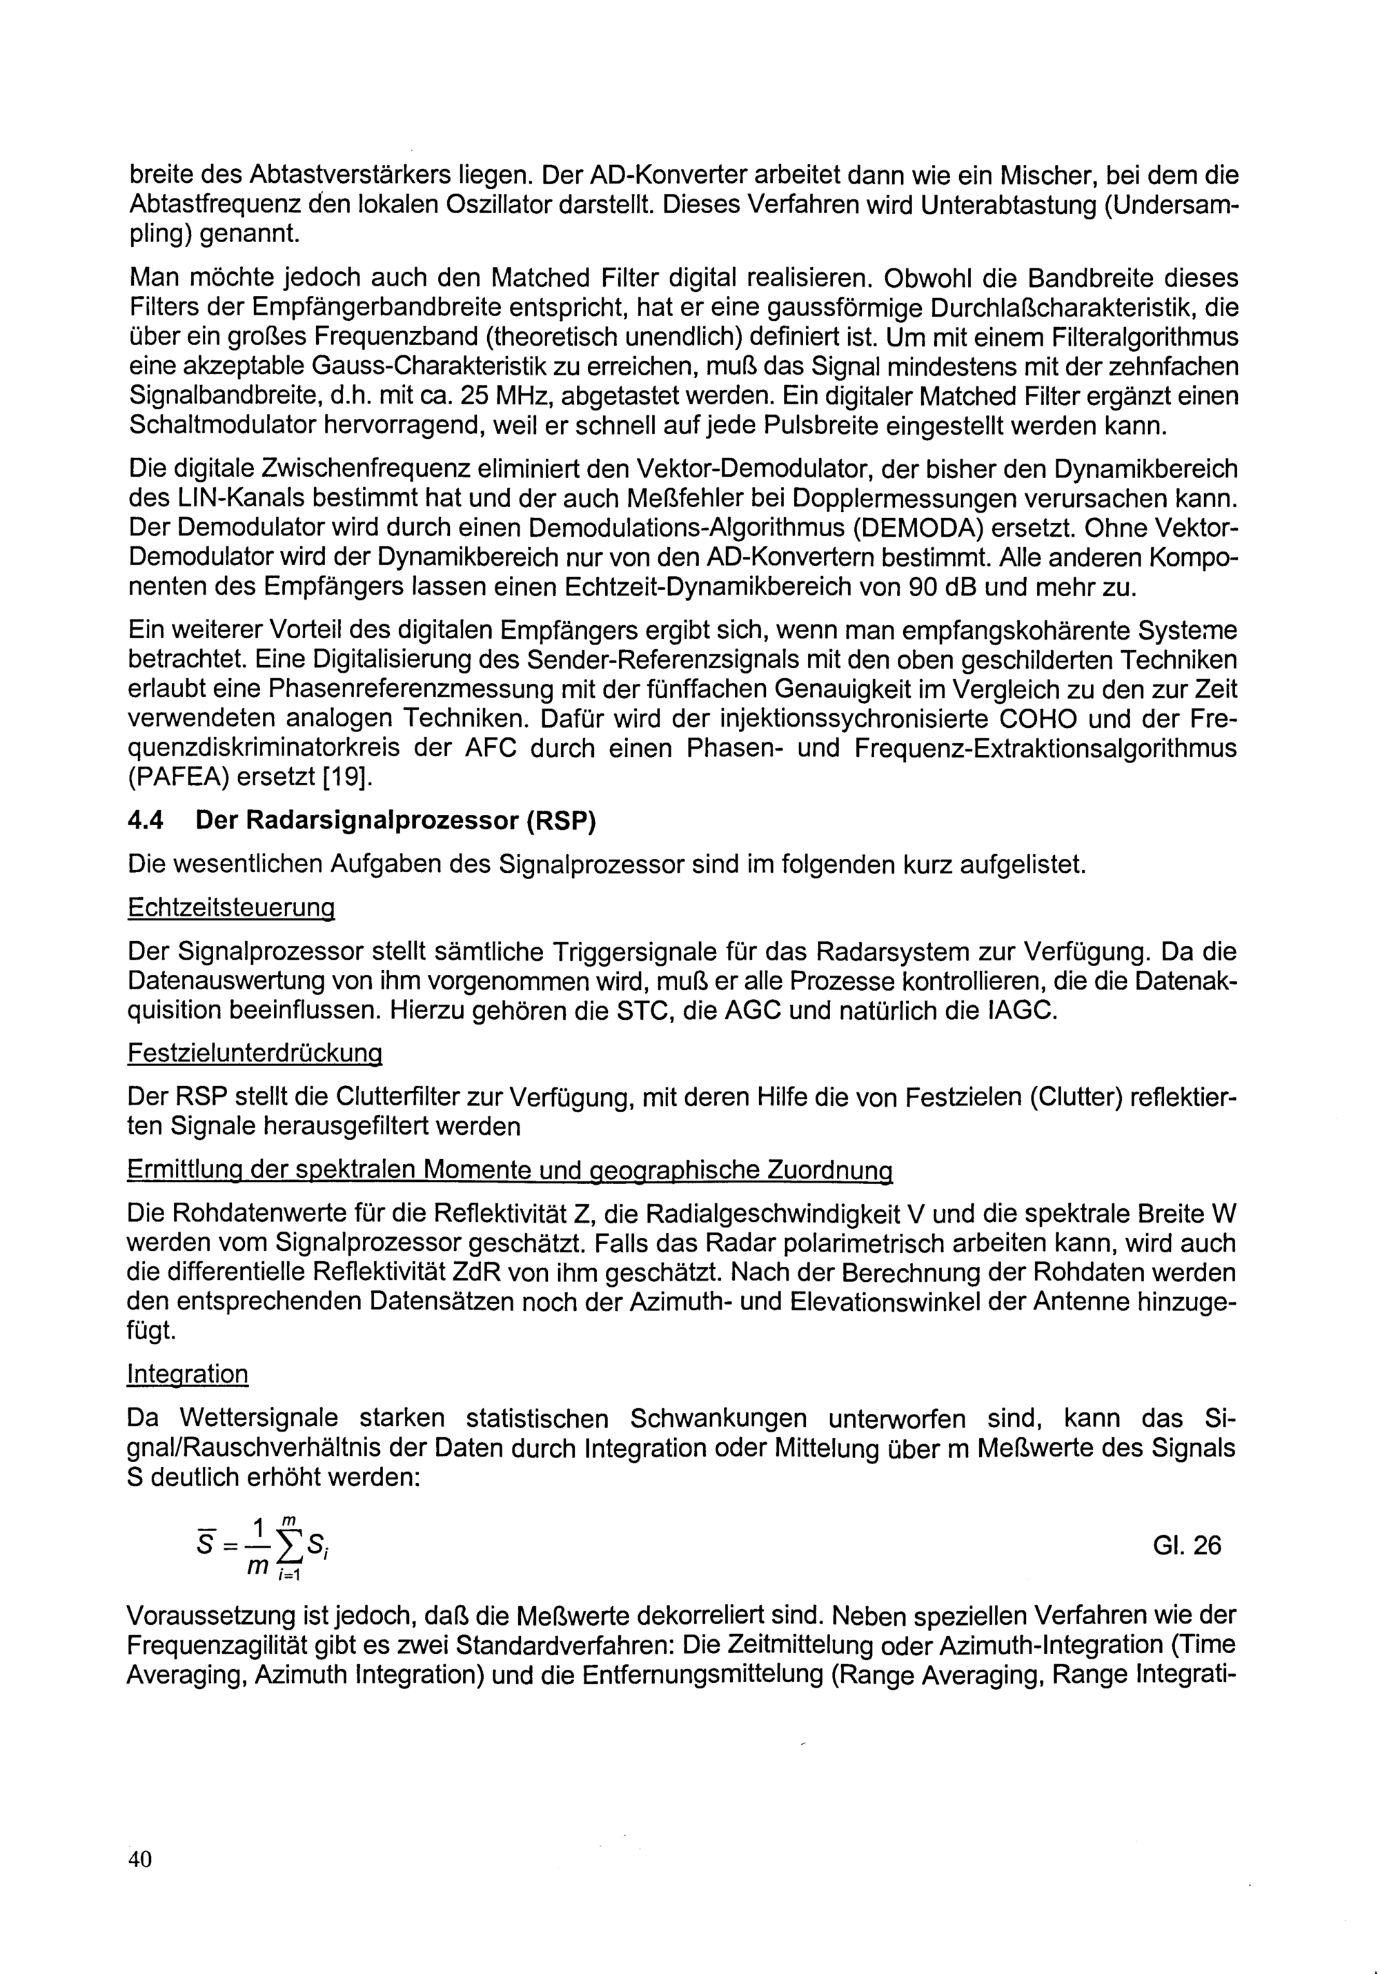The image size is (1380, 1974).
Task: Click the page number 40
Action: (x=139, y=1859)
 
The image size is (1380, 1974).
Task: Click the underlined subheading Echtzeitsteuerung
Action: (x=230, y=908)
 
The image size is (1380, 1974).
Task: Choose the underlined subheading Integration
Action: (x=188, y=1374)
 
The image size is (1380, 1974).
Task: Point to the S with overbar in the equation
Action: (x=204, y=1544)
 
